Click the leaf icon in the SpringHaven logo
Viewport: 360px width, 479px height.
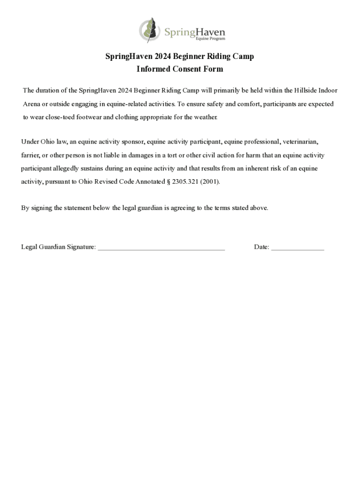(150, 30)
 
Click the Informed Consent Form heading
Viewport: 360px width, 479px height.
(180, 69)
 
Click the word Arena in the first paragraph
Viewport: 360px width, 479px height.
(32, 104)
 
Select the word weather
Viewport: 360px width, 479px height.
(206, 117)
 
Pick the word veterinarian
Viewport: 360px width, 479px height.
(300, 141)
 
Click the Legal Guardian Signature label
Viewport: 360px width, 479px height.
(58, 247)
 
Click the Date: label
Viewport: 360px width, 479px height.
(261, 247)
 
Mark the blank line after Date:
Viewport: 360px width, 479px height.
(297, 248)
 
